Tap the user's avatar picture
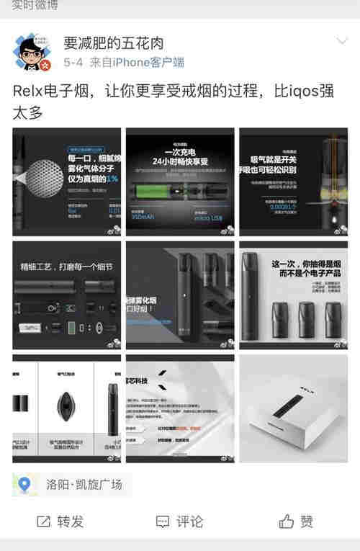33,53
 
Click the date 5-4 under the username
73,63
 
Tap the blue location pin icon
25,485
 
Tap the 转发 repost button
60,521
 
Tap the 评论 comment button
180,521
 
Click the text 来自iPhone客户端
137,63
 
